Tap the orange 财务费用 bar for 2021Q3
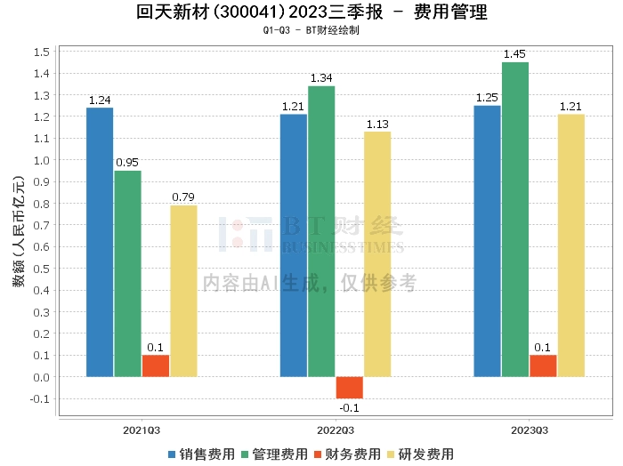(156, 366)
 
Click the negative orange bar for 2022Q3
(350, 388)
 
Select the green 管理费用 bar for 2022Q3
(321, 231)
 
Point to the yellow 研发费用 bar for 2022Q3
(377, 254)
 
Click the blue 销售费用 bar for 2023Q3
(487, 241)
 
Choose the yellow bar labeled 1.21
(571, 245)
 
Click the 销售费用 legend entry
(200, 454)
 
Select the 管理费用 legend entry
(273, 454)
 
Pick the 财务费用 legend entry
(346, 454)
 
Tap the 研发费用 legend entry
(419, 454)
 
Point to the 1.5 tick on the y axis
(40, 52)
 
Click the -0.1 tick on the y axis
(38, 398)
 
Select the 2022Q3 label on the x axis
(336, 430)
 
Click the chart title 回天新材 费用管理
(311, 12)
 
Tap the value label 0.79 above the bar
(183, 197)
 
